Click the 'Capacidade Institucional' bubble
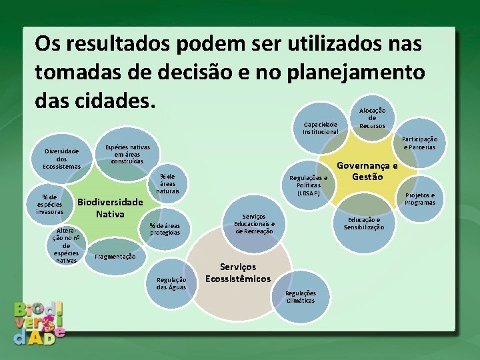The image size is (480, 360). coord(321,127)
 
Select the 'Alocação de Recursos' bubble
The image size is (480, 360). coord(372,117)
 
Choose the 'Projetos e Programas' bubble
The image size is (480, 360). coord(419,199)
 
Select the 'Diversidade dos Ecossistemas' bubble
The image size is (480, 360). coord(61,158)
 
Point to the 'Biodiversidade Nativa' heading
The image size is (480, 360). coord(110,208)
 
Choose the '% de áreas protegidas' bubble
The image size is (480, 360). coord(165,229)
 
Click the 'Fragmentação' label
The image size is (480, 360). coord(115,257)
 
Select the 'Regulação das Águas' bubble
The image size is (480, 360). coord(171,283)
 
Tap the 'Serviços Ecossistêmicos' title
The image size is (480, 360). coord(237,273)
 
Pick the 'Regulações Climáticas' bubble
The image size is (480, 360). coord(301,297)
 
